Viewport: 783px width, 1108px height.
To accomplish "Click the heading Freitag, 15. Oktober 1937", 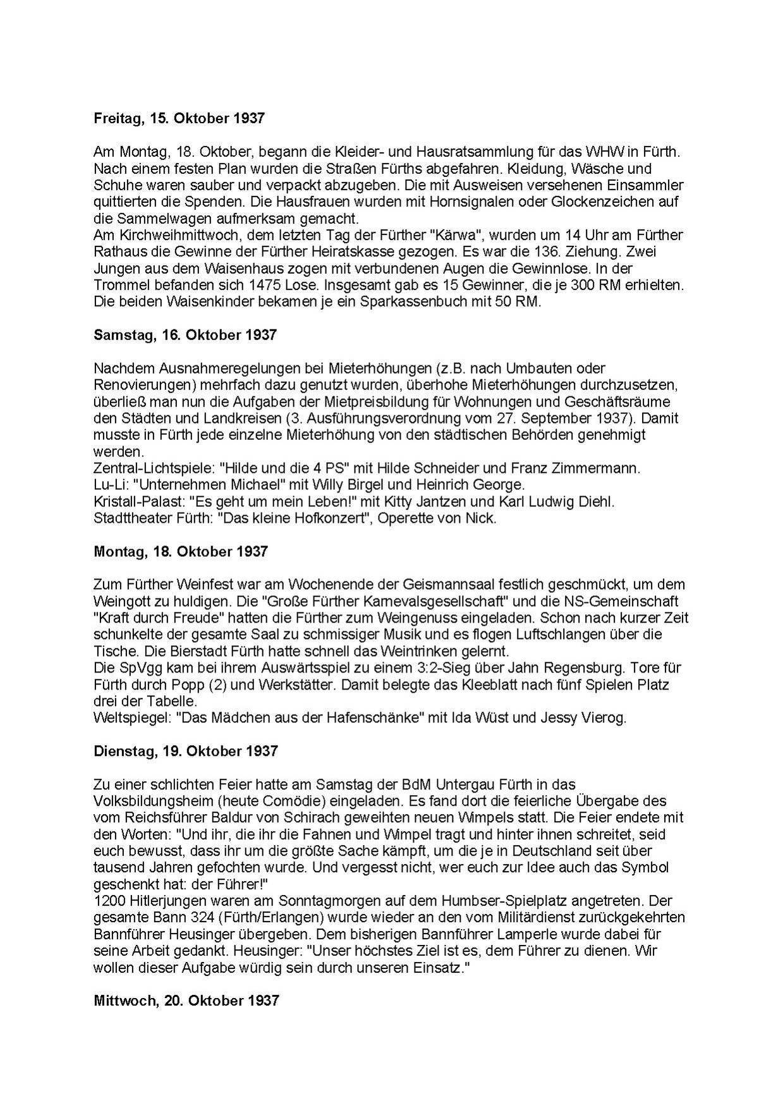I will [179, 118].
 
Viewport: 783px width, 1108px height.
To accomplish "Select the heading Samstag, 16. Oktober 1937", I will [185, 335].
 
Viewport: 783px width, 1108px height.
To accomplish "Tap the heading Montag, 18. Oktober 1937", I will [181, 551].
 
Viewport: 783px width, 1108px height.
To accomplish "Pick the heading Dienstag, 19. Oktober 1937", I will [186, 751].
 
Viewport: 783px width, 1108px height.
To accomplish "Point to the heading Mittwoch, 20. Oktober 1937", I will [186, 1001].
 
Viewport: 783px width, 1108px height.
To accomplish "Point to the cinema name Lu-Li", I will [109, 485].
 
